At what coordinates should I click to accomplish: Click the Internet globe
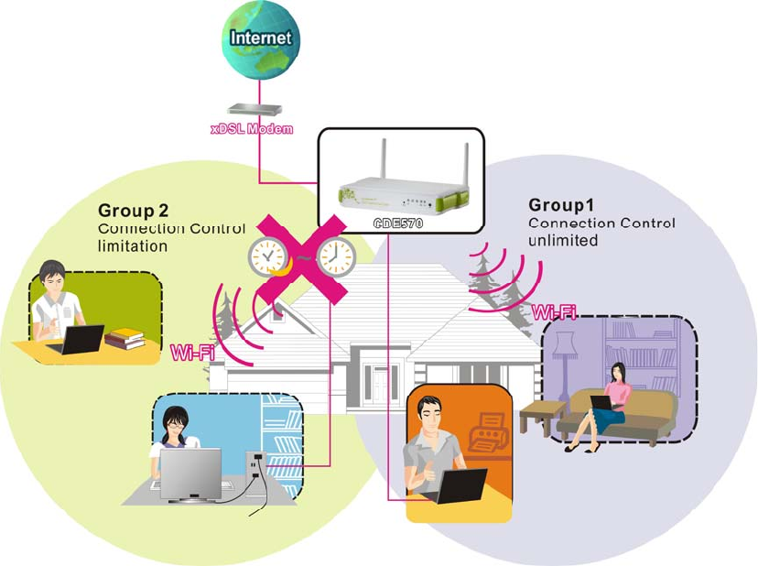261,38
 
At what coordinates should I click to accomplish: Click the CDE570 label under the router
396,223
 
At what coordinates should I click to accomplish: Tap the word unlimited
563,241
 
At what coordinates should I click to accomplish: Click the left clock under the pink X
267,258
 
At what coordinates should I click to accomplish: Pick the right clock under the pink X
335,257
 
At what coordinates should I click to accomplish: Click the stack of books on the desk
125,339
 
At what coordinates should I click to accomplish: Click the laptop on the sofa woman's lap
601,402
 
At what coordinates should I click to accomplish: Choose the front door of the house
377,379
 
